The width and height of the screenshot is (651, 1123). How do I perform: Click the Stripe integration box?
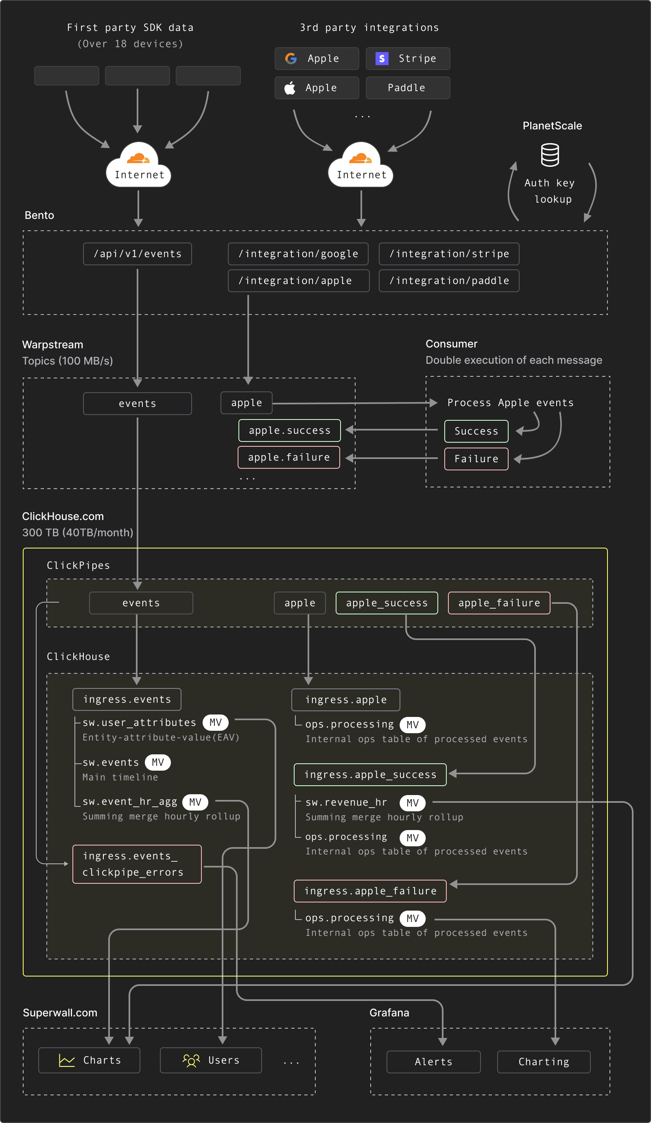point(408,58)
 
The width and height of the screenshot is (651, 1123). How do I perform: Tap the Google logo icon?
point(291,58)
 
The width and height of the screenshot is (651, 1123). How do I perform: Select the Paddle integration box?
point(408,88)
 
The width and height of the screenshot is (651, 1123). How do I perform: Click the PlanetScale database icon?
point(550,155)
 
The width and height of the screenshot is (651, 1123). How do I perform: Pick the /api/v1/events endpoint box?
point(137,254)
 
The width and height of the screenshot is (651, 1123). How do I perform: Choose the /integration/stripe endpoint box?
point(449,254)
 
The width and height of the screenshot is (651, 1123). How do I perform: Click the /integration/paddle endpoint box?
point(449,281)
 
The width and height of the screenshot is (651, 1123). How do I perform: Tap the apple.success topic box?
point(290,430)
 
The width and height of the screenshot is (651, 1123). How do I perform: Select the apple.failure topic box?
point(289,457)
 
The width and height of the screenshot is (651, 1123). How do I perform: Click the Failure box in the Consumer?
point(476,459)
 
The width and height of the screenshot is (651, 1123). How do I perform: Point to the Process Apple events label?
point(510,403)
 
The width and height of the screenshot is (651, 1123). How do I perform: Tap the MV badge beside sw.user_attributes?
point(216,722)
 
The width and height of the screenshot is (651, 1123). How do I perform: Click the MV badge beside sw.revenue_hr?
point(412,803)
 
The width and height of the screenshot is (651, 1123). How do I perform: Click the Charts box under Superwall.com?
point(89,1060)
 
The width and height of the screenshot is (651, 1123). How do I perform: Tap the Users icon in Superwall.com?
point(191,1060)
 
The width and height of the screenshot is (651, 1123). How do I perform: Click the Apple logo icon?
point(290,88)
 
